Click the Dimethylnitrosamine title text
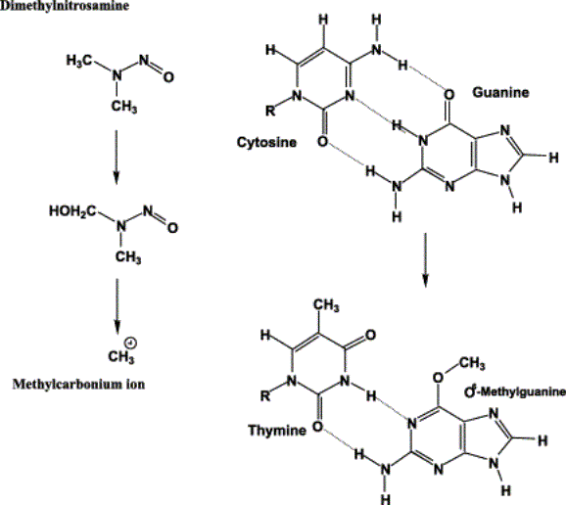[x=65, y=6]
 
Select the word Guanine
[x=500, y=93]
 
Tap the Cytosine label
[x=266, y=143]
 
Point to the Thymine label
[x=277, y=431]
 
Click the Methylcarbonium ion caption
[x=78, y=385]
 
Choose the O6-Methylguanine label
[x=515, y=391]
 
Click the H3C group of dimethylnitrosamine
[x=79, y=61]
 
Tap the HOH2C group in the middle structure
[x=72, y=211]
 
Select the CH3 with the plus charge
[x=120, y=357]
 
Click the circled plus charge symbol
[x=130, y=344]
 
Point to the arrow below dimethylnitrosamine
[x=116, y=158]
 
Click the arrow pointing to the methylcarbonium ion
[x=117, y=306]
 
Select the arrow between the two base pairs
[x=426, y=260]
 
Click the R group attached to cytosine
[x=270, y=110]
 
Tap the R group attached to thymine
[x=265, y=396]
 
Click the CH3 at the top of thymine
[x=326, y=305]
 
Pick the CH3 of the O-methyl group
[x=472, y=363]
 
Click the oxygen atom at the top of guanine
[x=448, y=95]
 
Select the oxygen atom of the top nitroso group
[x=168, y=77]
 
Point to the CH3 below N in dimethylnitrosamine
[x=123, y=107]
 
